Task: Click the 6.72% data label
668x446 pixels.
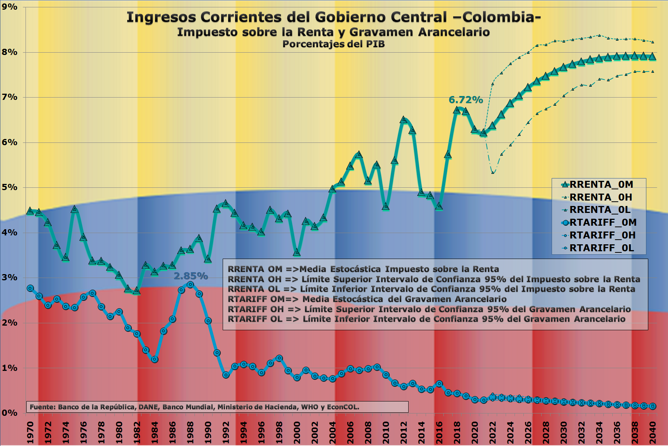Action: pyautogui.click(x=465, y=100)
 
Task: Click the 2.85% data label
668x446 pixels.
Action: pyautogui.click(x=191, y=276)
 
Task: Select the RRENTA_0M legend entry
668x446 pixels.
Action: pyautogui.click(x=601, y=185)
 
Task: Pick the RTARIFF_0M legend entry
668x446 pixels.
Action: pyautogui.click(x=602, y=223)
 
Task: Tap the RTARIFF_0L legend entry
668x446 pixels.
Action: pyautogui.click(x=602, y=248)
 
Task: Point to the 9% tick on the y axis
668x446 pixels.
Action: pyautogui.click(x=9, y=7)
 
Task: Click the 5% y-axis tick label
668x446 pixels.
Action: pyautogui.click(x=9, y=187)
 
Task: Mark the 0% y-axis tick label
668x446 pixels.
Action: pyautogui.click(x=9, y=413)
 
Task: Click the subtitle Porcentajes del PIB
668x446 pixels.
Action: pyautogui.click(x=333, y=44)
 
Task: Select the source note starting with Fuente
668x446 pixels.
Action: pyautogui.click(x=194, y=407)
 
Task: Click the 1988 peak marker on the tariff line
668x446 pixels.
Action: pyautogui.click(x=190, y=285)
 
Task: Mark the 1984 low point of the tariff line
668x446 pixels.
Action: pyautogui.click(x=155, y=359)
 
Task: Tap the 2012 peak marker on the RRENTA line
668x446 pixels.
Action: pyautogui.click(x=404, y=120)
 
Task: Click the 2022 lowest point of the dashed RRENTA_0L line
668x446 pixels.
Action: pyautogui.click(x=493, y=172)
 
